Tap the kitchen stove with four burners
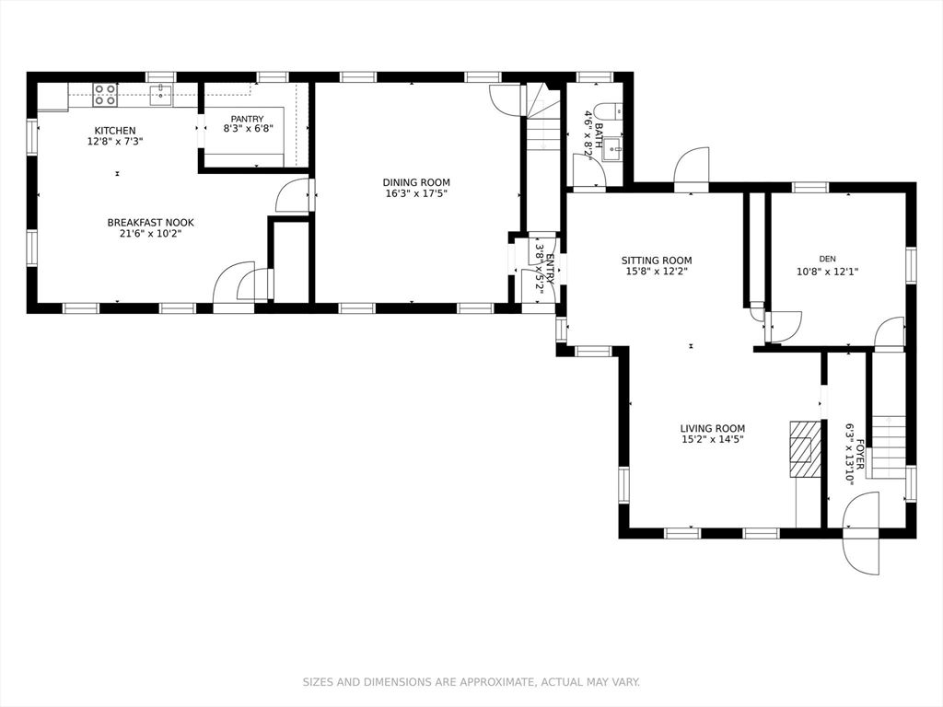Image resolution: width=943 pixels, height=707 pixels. tap(105, 94)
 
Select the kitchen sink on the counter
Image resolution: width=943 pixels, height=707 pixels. tap(161, 94)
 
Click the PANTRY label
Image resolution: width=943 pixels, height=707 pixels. tap(247, 119)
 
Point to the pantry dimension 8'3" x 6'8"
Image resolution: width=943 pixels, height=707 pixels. tap(248, 130)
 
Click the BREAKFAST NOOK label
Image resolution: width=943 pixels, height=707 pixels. tap(150, 223)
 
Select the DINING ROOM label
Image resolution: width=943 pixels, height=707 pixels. tap(416, 182)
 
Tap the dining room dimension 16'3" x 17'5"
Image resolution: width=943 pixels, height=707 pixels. tap(416, 193)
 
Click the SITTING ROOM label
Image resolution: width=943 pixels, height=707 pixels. tap(656, 261)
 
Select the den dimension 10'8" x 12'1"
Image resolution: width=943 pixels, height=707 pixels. tap(827, 272)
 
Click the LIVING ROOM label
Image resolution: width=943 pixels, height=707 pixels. tap(712, 428)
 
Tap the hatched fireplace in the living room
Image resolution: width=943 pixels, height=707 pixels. tap(805, 449)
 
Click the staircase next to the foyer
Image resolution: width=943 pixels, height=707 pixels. tap(888, 446)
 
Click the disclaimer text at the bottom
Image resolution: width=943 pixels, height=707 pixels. tap(471, 682)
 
